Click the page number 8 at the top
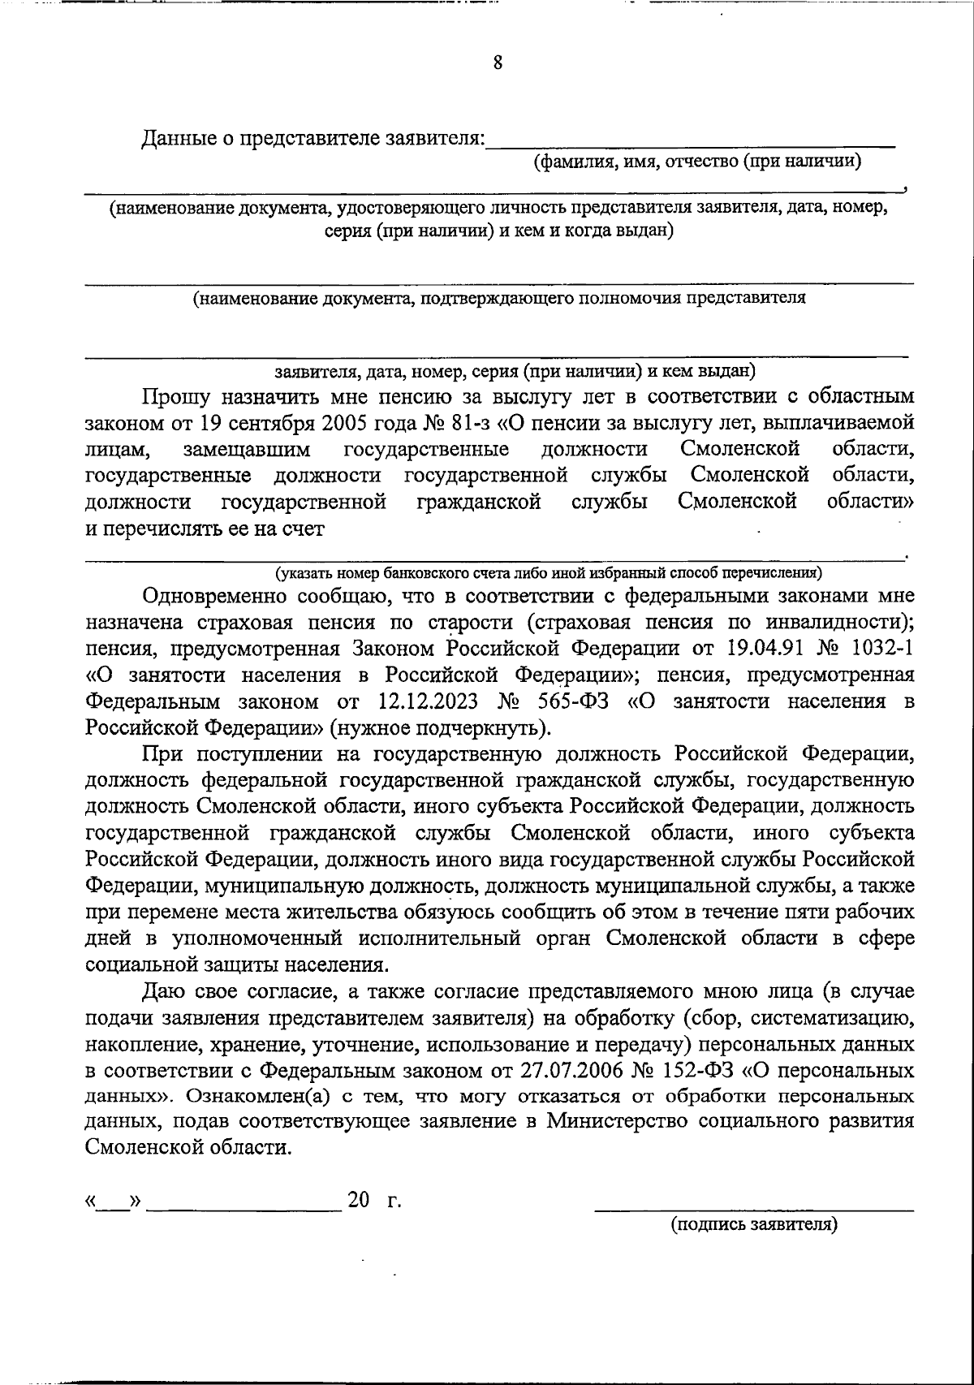pyautogui.click(x=498, y=62)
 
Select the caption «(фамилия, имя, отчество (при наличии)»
pyautogui.click(x=697, y=161)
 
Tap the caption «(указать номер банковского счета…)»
pyautogui.click(x=549, y=574)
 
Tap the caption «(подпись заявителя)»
pyautogui.click(x=753, y=1224)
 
